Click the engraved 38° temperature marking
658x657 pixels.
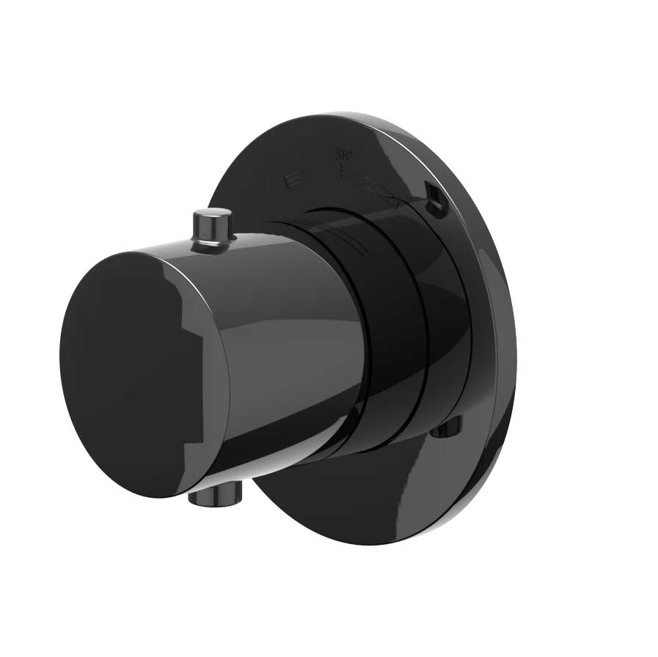pyautogui.click(x=343, y=155)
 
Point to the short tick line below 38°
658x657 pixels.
pyautogui.click(x=342, y=170)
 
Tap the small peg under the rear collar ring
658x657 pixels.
pyautogui.click(x=446, y=427)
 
